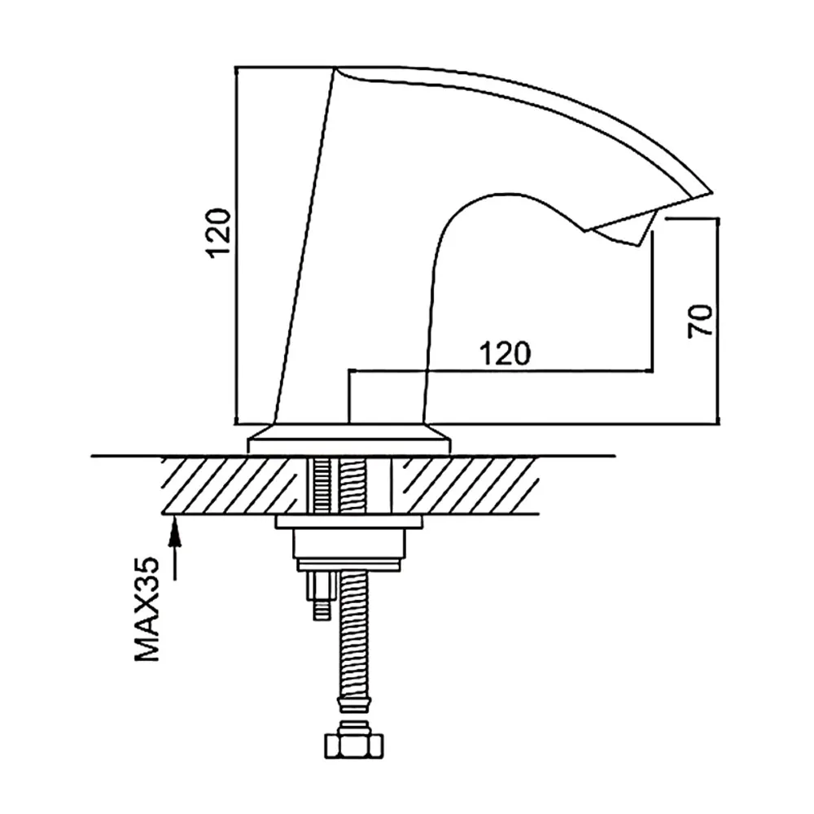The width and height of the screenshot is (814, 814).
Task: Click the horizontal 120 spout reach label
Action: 505,353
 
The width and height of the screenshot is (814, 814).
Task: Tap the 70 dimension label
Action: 700,322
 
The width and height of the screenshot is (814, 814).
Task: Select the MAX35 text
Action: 147,609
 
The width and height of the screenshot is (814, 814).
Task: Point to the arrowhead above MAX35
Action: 176,530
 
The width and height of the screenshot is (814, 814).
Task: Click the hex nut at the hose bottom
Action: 354,747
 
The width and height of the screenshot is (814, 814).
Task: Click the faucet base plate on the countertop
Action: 349,440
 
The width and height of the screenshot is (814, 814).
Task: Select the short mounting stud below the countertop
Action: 322,596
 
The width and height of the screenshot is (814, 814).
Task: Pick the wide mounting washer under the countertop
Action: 349,523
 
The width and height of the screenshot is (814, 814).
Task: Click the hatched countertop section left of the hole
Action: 233,485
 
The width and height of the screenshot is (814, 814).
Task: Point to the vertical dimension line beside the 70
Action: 719,321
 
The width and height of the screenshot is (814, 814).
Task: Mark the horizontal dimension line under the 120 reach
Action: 501,370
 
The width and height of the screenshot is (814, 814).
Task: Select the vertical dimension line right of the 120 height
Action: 236,245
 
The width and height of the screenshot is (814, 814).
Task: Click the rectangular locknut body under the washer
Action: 349,544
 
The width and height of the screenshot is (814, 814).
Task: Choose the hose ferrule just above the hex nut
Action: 354,706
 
